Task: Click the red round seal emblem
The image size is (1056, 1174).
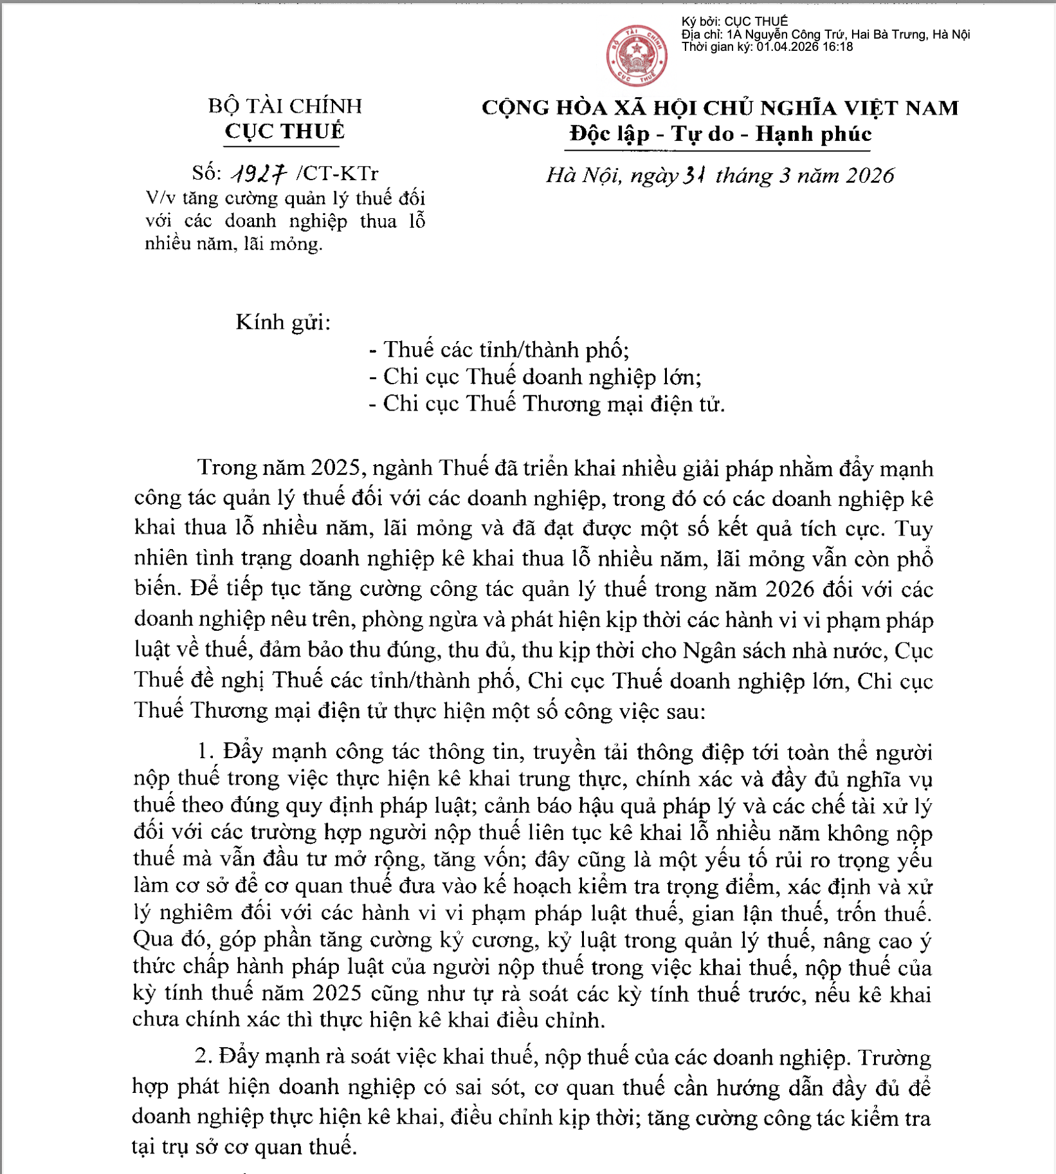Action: pyautogui.click(x=637, y=56)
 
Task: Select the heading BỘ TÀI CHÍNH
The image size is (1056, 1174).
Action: pyautogui.click(x=285, y=106)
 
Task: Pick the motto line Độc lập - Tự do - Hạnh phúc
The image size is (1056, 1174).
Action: pyautogui.click(x=720, y=134)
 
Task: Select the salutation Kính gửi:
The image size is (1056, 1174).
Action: pyautogui.click(x=283, y=322)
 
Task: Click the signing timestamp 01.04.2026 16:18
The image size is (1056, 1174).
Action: pyautogui.click(x=805, y=47)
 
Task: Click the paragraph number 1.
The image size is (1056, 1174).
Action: pyautogui.click(x=205, y=751)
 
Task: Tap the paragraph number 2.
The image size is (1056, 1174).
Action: pyautogui.click(x=203, y=1057)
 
